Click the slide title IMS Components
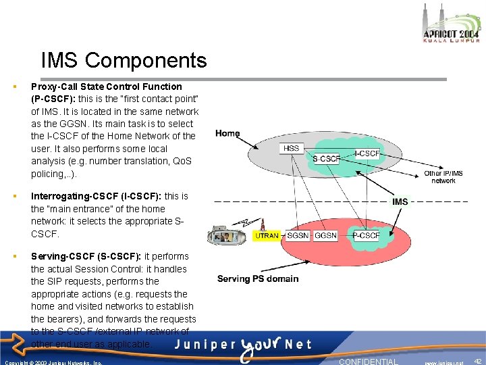click(124, 60)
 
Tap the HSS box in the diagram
click(291, 148)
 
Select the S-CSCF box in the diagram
click(326, 159)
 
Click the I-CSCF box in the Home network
click(367, 153)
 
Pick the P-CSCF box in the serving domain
click(366, 235)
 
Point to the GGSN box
click(326, 235)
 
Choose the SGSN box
click(297, 235)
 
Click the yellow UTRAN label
click(267, 235)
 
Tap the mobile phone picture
click(227, 235)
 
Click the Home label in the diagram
click(227, 133)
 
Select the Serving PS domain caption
click(257, 278)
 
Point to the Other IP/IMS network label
click(443, 177)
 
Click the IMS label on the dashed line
click(400, 201)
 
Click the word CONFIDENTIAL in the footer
click(369, 362)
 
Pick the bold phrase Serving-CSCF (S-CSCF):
click(86, 256)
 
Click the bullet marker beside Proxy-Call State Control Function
click(14, 87)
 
